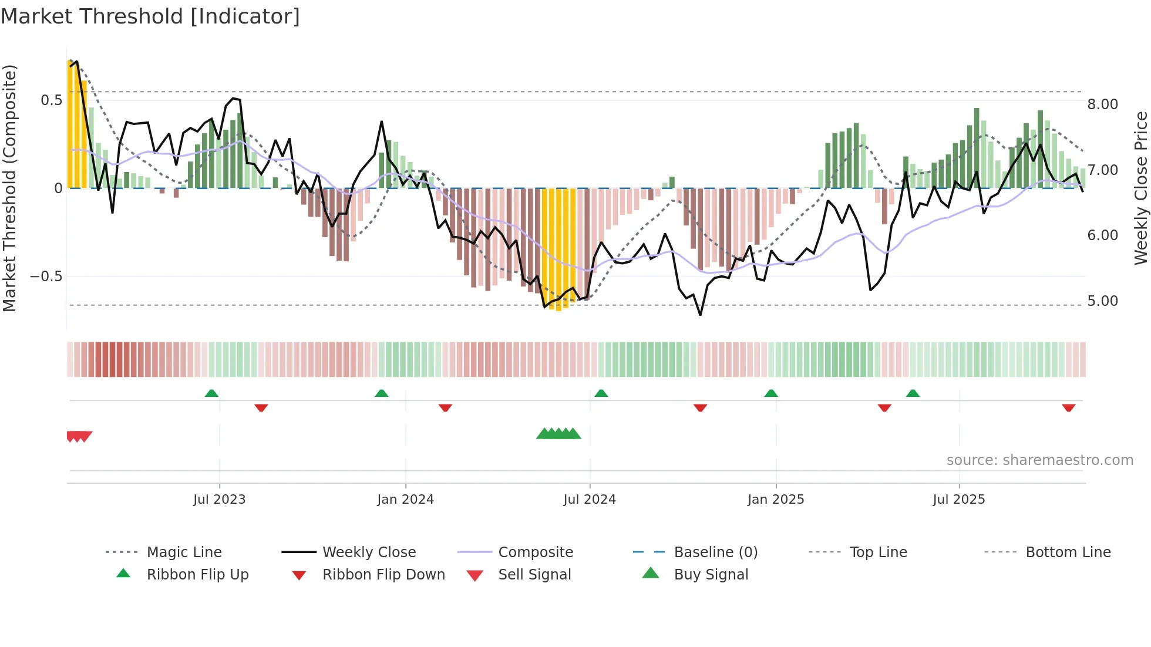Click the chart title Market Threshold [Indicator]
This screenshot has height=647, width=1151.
(150, 16)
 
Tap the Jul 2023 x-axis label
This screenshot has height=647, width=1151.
(219, 500)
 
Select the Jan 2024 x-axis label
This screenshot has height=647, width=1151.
(405, 500)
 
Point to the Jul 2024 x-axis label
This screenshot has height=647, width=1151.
(590, 500)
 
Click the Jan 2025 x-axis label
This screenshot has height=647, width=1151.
(776, 500)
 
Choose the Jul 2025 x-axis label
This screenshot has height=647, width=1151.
(959, 500)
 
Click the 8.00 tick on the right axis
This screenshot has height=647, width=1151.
(1102, 105)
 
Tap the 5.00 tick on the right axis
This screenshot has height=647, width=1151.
(1102, 301)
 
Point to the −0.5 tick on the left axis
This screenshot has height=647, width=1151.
(46, 277)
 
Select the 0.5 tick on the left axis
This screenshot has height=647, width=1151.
(51, 100)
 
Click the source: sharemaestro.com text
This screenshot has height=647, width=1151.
(1039, 460)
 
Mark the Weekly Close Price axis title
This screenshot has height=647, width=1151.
(1140, 188)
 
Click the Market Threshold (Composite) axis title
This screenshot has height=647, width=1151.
(9, 188)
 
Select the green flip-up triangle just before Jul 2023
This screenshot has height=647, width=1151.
(211, 393)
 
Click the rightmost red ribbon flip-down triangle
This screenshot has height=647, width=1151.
(1068, 407)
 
